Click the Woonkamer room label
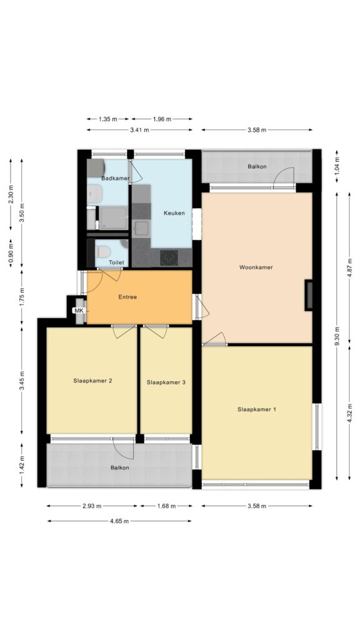[256, 267]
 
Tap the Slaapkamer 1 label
[257, 409]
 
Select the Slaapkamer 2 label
[92, 381]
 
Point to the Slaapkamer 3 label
[166, 382]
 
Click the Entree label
[127, 297]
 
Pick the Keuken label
[174, 212]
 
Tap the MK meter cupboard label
[78, 311]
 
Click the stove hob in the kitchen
[169, 257]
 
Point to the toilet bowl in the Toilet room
[102, 251]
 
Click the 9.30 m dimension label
[337, 336]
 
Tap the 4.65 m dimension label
[119, 521]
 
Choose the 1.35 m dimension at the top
[107, 119]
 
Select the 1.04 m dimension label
[337, 167]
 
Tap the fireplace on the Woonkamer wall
[309, 295]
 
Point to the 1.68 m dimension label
[166, 506]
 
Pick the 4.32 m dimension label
[349, 413]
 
